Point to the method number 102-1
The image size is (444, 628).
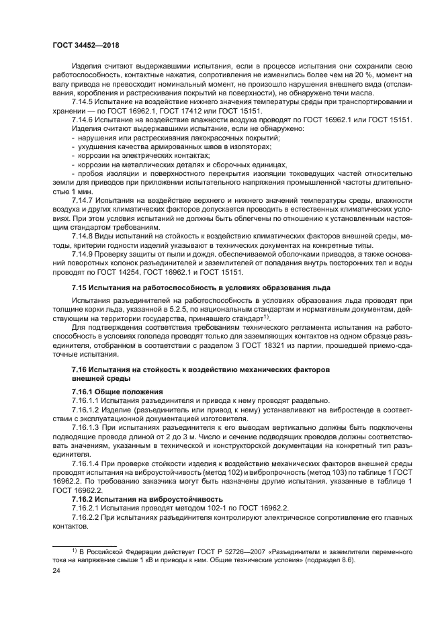point(198,508)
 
